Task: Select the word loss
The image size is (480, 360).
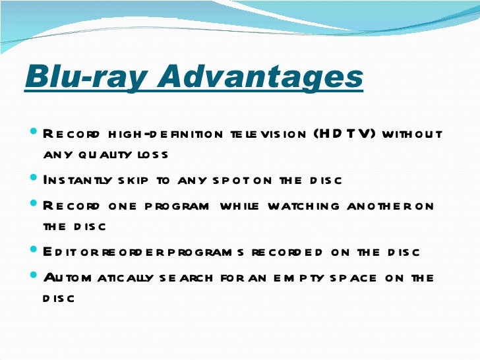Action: click(156, 156)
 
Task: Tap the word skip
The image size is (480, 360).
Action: click(129, 180)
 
